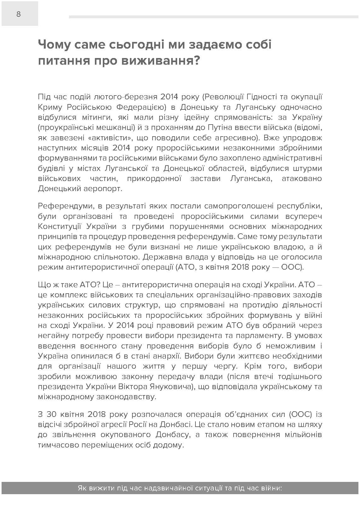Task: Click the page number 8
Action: (x=19, y=14)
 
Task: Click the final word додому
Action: (x=171, y=445)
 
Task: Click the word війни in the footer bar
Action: (x=271, y=489)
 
